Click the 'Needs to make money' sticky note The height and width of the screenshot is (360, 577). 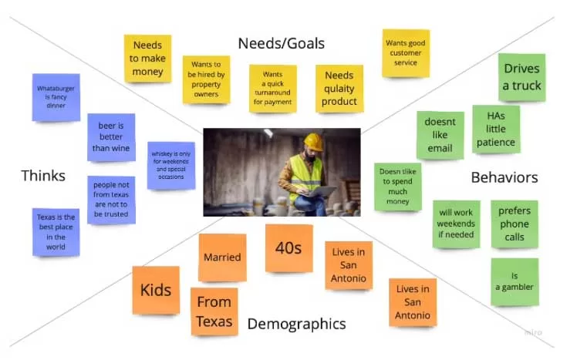tap(147, 58)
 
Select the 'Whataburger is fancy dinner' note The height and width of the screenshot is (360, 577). tap(56, 97)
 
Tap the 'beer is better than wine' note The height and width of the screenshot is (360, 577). tap(111, 137)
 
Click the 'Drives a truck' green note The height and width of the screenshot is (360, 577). tap(521, 77)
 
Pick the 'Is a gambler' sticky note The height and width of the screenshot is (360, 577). tap(515, 281)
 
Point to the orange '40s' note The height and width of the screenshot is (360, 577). tap(288, 248)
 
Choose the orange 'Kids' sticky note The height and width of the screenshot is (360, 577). tap(155, 291)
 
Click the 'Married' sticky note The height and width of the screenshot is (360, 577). tap(222, 257)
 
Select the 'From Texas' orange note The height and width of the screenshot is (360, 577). tap(214, 311)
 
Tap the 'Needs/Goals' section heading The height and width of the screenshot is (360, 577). tap(281, 43)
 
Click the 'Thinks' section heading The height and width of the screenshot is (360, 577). tap(43, 176)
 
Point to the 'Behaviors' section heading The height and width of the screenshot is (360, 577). tap(504, 177)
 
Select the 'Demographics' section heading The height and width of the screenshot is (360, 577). tap(296, 324)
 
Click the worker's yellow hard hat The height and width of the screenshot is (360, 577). tap(312, 141)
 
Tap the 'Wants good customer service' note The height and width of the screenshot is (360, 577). tap(406, 53)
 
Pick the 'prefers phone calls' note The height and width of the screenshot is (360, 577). tap(515, 224)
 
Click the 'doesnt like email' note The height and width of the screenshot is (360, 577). tap(440, 135)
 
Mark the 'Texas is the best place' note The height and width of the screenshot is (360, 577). tap(56, 232)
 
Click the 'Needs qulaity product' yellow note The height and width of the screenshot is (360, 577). tap(339, 89)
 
